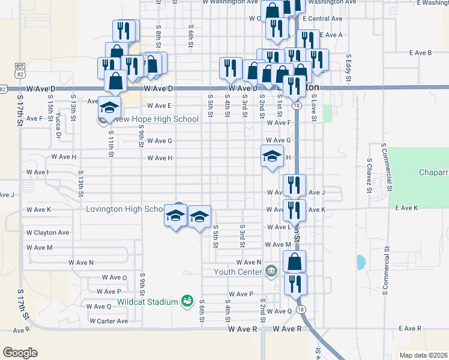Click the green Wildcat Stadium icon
click(x=188, y=301)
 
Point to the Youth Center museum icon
click(x=271, y=272)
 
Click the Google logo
click(x=20, y=353)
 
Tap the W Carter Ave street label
click(x=109, y=321)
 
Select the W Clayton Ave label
click(x=47, y=232)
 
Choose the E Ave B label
click(x=421, y=53)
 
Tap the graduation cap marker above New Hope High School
click(x=110, y=107)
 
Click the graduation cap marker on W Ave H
click(x=272, y=157)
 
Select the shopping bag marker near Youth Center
click(x=294, y=262)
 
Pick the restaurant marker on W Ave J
click(x=294, y=185)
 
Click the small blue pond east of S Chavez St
click(x=361, y=262)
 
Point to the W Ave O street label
click(x=115, y=277)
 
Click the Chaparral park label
click(x=433, y=173)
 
